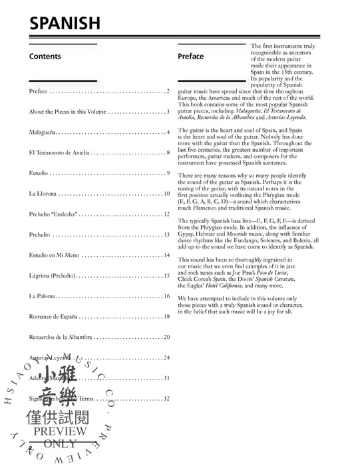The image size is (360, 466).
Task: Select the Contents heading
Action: pos(45,57)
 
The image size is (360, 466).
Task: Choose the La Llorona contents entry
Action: pos(43,194)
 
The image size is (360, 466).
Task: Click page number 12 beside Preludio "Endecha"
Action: pos(166,214)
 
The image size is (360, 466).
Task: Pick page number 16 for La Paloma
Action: pos(166,296)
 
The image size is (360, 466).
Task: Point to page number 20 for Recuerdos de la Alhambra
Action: pos(166,337)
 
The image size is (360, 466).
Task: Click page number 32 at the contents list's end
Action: pos(166,398)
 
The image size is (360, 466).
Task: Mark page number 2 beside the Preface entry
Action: pos(168,91)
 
